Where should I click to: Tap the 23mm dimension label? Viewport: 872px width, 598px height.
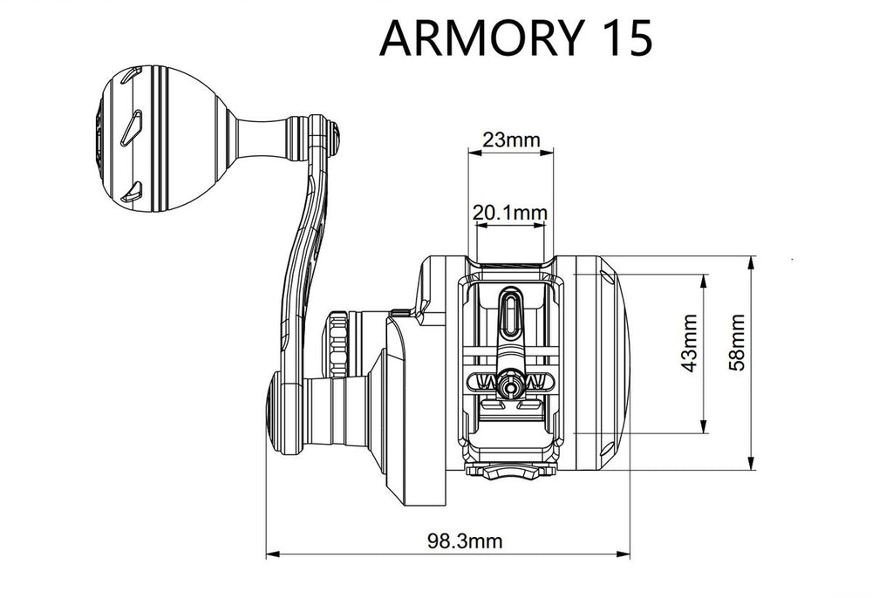coord(510,139)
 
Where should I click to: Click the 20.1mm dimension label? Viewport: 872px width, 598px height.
coord(510,212)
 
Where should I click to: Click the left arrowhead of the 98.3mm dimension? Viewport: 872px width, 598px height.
coord(270,553)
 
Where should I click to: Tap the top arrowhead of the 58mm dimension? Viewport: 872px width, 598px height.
coord(751,262)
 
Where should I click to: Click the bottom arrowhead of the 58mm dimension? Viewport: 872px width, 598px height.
coord(751,465)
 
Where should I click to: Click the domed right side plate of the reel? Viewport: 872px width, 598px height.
coord(602,362)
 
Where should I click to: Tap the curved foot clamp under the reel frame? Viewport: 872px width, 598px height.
coord(511,472)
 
